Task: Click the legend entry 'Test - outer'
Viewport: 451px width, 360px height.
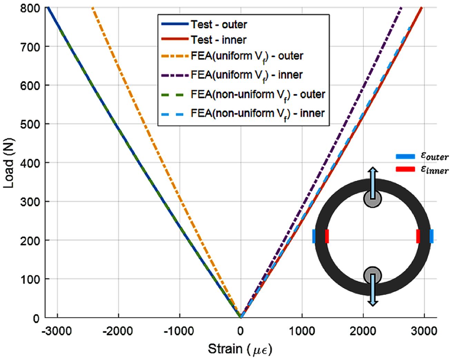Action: [x=219, y=25]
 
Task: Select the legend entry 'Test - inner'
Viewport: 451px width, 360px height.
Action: [x=219, y=40]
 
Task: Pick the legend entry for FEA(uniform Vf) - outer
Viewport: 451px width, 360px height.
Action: [x=247, y=56]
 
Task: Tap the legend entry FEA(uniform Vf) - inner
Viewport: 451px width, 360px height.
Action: [x=246, y=75]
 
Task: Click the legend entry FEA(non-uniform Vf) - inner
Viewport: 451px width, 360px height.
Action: [x=257, y=114]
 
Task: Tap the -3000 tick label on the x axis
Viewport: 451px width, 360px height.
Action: [x=57, y=331]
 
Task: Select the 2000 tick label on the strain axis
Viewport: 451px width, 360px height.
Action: [x=363, y=331]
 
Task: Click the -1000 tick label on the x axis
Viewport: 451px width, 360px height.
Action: [x=179, y=331]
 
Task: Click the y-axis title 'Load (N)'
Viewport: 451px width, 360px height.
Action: [x=9, y=163]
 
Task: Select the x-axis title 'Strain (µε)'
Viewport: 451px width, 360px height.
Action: [x=240, y=349]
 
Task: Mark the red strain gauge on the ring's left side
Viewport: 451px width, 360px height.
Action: [x=326, y=236]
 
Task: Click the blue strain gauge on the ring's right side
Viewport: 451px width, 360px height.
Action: [x=431, y=236]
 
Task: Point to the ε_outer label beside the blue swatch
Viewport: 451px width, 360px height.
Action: [x=434, y=156]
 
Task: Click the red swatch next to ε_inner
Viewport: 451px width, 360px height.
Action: [x=405, y=169]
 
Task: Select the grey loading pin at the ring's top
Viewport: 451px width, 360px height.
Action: [x=372, y=199]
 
